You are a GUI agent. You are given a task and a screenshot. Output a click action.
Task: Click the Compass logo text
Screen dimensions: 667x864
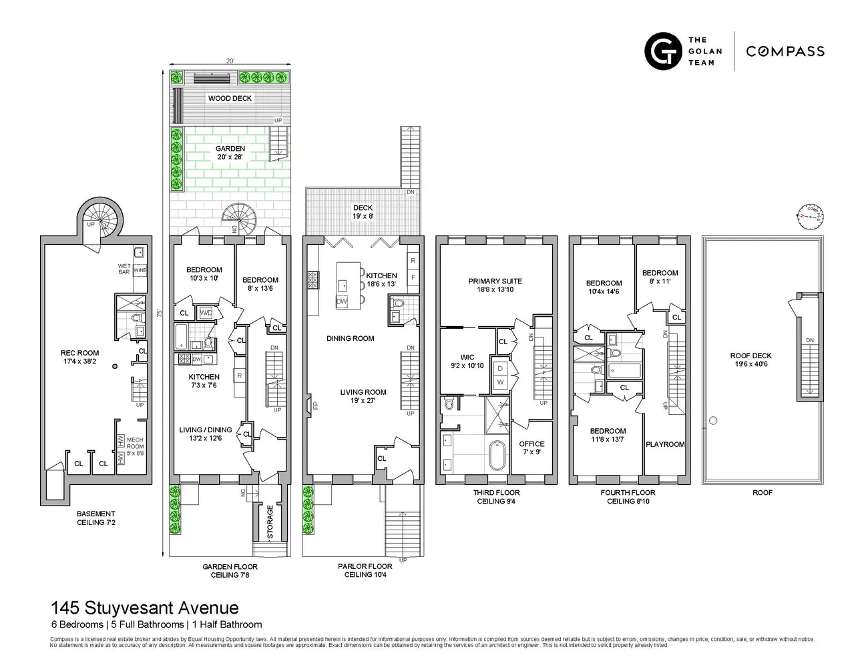pos(785,51)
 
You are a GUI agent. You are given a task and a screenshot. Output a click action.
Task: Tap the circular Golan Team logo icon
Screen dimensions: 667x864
pos(662,51)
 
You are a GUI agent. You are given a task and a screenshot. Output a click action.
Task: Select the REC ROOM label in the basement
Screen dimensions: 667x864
pos(79,358)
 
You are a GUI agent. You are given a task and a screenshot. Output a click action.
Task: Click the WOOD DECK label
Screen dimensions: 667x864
pos(230,98)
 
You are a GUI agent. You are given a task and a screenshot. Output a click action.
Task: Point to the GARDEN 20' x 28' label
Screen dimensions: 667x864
pos(230,153)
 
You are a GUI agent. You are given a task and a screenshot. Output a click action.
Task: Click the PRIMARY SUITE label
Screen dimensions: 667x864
pos(495,285)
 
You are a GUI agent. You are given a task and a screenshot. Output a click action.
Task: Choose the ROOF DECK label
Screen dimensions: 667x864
pos(750,360)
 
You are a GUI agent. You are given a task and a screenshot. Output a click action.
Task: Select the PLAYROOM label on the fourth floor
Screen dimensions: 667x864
pos(665,444)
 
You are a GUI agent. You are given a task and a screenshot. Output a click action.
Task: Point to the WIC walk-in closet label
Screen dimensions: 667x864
pos(467,362)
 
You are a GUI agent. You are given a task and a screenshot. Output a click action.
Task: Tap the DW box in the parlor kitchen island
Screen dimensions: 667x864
pos(342,301)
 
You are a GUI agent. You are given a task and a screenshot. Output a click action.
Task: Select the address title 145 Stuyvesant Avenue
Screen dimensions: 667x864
pos(144,608)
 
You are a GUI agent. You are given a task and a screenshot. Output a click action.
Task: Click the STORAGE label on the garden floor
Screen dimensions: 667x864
pos(270,522)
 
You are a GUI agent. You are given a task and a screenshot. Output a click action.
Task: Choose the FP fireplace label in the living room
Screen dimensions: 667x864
pos(316,405)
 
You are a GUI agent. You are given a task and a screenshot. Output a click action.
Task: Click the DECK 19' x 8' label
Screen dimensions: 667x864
pos(363,212)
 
